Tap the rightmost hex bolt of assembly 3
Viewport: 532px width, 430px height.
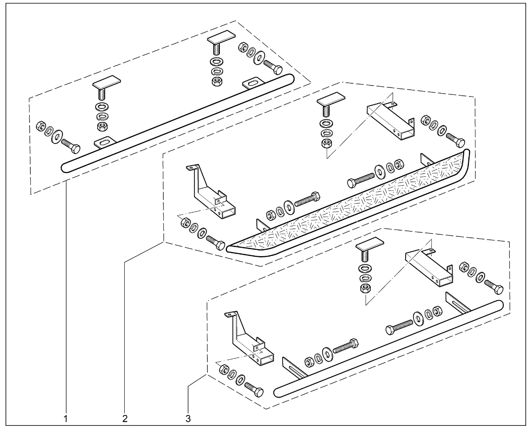coord(493,287)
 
